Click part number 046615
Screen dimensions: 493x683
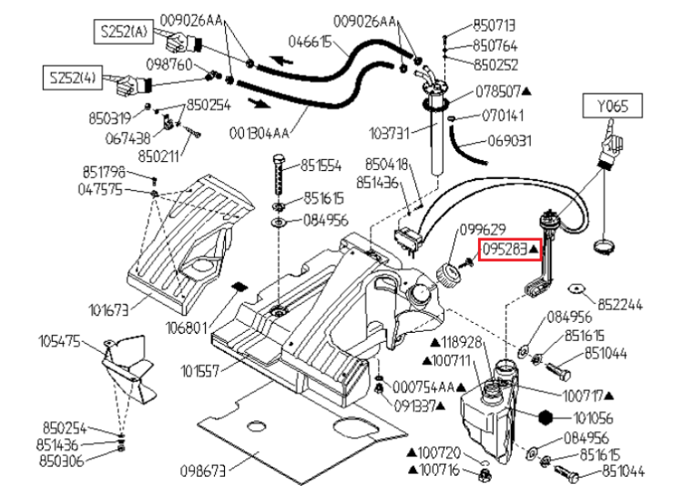coord(310,41)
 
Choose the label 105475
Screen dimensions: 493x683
coord(60,342)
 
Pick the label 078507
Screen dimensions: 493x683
coord(500,92)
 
